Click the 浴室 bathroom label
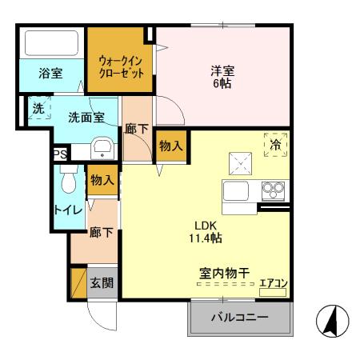[x=51, y=74]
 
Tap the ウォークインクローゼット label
[x=122, y=66]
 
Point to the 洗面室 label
[x=86, y=117]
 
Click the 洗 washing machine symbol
[x=37, y=108]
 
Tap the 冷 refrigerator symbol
[x=274, y=145]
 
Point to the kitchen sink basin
[x=239, y=192]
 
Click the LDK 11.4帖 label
[x=205, y=232]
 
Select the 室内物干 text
[x=225, y=273]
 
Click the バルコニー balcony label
[x=239, y=318]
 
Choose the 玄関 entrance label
[x=101, y=282]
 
